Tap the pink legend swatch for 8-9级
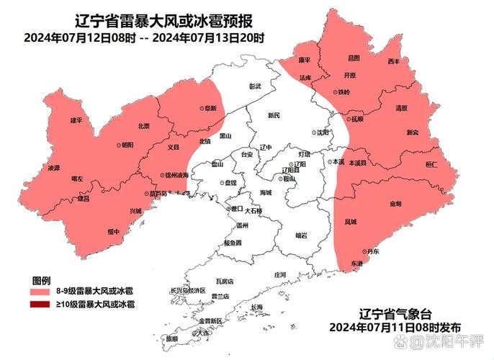click(40, 292)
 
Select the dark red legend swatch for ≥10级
click(40, 305)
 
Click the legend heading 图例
click(40, 279)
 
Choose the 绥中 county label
click(113, 231)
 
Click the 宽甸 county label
click(395, 204)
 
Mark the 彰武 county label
click(255, 86)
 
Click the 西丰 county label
click(393, 62)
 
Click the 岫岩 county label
click(301, 235)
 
